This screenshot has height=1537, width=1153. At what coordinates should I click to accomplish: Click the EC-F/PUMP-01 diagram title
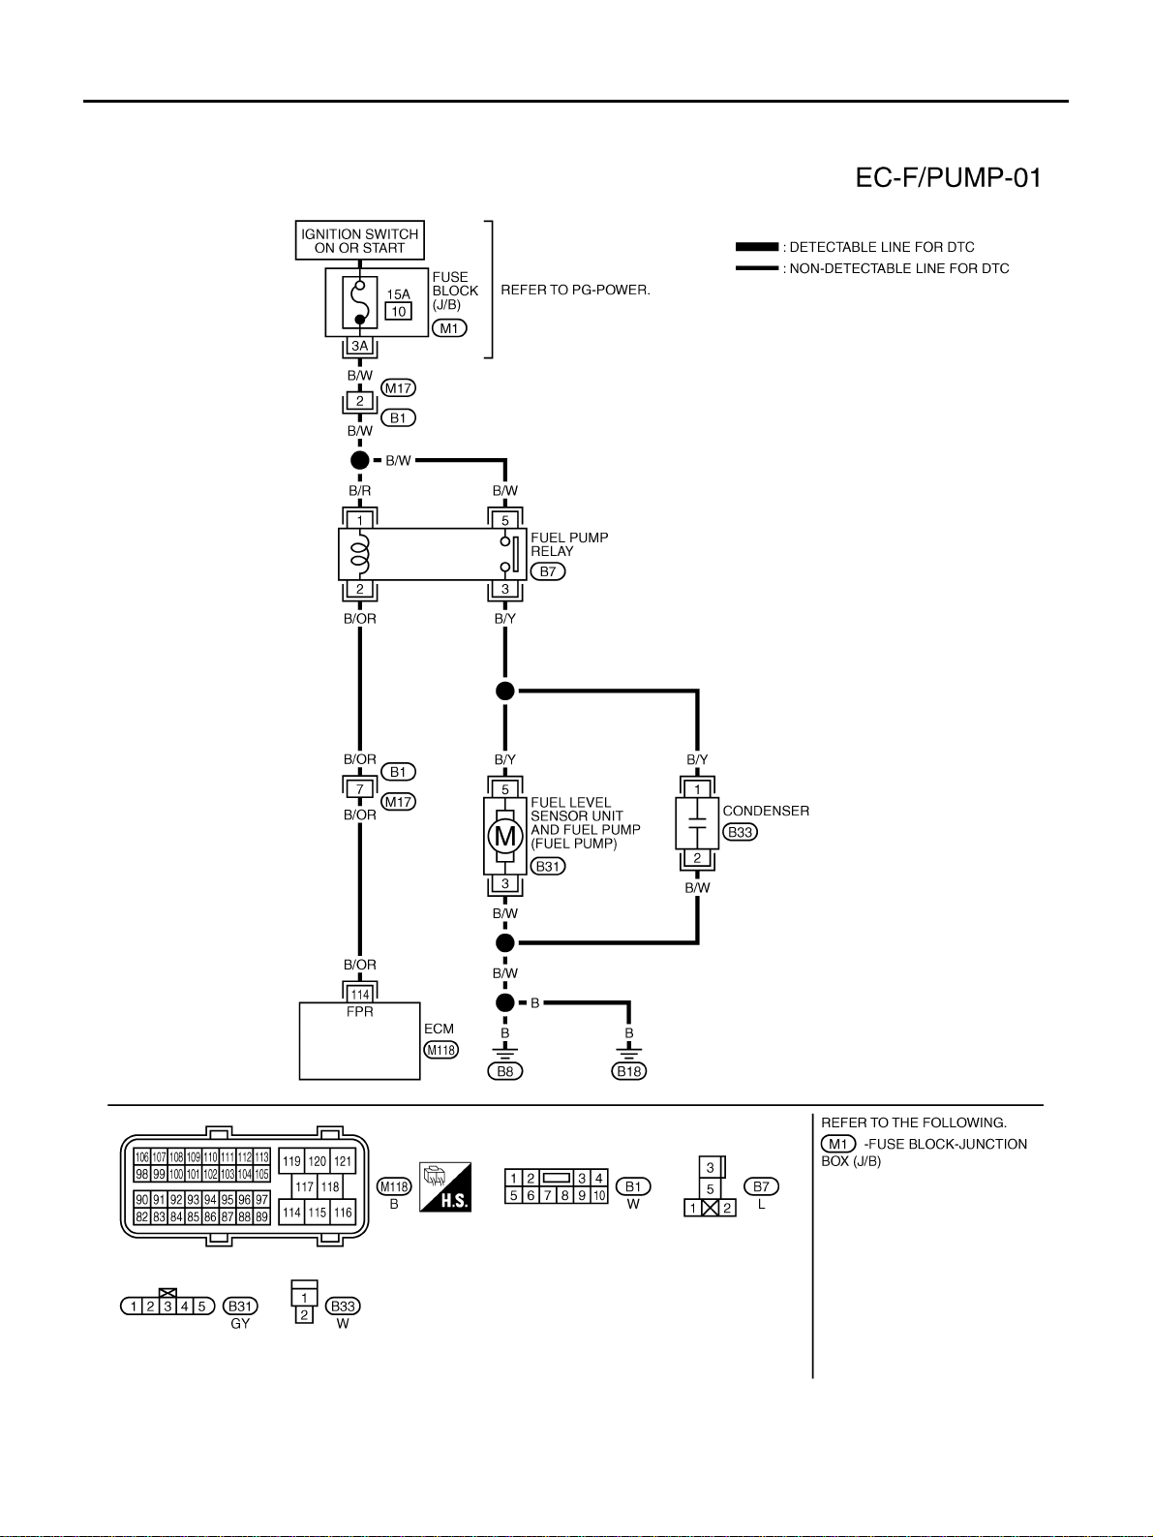pos(948,178)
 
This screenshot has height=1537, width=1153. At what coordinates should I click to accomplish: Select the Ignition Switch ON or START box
pos(359,240)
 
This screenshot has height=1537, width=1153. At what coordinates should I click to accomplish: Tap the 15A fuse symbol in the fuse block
pos(359,302)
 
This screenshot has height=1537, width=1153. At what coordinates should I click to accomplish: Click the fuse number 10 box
pos(399,311)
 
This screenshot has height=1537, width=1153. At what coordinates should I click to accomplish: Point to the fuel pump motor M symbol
pos(505,836)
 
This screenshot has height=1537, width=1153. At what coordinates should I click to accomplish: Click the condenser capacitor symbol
pos(697,823)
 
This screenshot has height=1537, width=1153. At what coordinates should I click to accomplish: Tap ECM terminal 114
pos(359,995)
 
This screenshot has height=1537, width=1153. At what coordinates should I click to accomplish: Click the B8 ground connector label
pos(505,1070)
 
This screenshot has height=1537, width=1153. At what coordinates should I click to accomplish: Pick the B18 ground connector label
pos(629,1070)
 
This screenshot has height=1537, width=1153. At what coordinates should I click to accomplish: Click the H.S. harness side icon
pos(445,1186)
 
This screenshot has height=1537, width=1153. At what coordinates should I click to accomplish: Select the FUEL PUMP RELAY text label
pos(569,544)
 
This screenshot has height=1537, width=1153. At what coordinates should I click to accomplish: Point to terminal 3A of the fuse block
pos(359,346)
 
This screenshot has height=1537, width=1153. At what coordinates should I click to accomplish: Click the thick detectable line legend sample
pos(757,246)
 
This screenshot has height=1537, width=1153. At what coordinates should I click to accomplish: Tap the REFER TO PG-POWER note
pos(576,290)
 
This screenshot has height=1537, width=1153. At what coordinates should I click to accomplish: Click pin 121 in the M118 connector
pos(342,1161)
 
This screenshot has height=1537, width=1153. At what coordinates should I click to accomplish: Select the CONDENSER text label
pos(766,811)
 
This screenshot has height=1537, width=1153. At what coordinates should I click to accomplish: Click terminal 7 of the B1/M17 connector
pos(359,789)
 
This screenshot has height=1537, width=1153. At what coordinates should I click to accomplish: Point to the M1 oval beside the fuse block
pos(449,327)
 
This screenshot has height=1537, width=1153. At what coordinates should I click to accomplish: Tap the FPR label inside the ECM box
pos(359,1012)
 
